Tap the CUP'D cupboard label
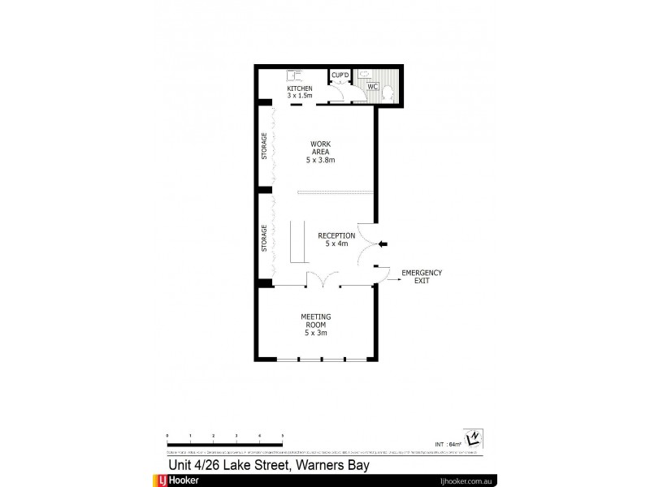pyautogui.click(x=340, y=75)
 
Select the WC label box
pyautogui.click(x=372, y=86)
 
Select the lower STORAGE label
pyautogui.click(x=264, y=239)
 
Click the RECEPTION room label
pyautogui.click(x=336, y=239)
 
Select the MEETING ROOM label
pyautogui.click(x=315, y=325)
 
